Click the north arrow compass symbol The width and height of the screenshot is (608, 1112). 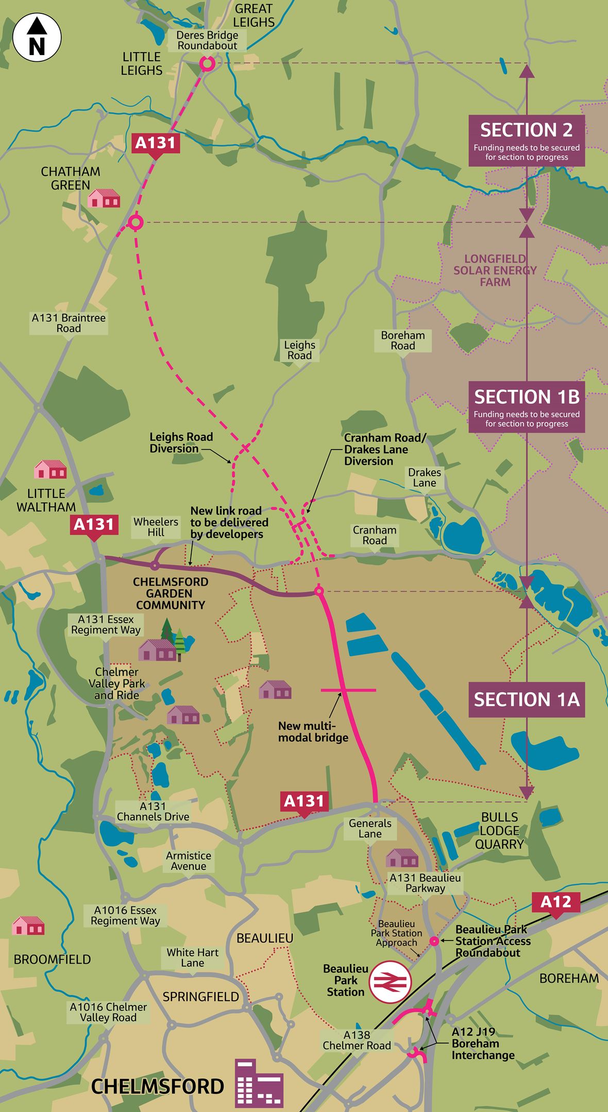[x=37, y=38]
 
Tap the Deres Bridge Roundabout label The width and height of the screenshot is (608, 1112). [x=207, y=40]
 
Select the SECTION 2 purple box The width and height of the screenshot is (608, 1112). [x=526, y=140]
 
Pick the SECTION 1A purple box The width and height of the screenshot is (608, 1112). [x=526, y=699]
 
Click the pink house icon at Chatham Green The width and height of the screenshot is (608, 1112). [x=104, y=198]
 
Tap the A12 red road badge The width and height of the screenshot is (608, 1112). [x=556, y=902]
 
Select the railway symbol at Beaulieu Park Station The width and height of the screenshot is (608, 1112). [x=390, y=982]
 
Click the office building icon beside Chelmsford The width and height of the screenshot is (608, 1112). [x=259, y=1084]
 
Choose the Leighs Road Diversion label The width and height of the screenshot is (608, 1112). [x=181, y=443]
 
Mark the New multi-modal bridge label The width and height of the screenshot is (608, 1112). [x=313, y=732]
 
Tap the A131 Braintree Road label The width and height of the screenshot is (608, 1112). [x=69, y=323]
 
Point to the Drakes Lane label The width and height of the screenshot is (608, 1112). [x=425, y=477]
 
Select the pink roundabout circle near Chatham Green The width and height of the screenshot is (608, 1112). [x=135, y=223]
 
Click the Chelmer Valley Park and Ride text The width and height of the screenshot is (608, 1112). [x=116, y=683]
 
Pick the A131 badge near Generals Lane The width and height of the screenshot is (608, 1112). [x=304, y=801]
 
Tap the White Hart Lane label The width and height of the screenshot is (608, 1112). [x=192, y=957]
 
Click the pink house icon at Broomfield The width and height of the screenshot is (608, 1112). [x=28, y=926]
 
